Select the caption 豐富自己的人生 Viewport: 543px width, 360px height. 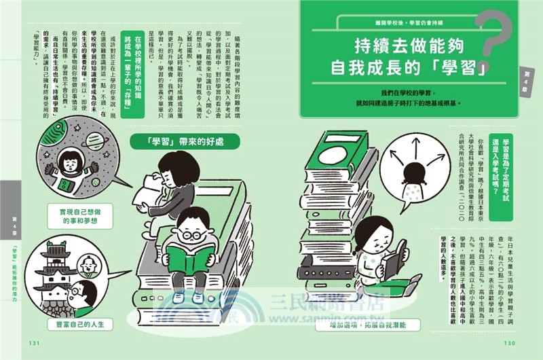click(x=80, y=325)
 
